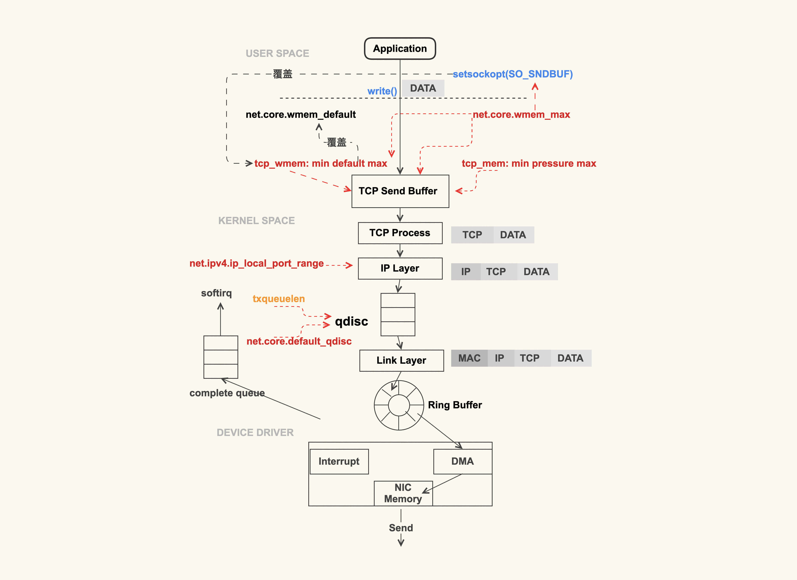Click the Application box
400,49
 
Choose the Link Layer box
401,360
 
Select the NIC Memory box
403,493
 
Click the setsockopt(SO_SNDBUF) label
513,74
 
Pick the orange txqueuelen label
279,299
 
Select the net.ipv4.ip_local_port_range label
256,264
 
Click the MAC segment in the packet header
469,358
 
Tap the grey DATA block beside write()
423,88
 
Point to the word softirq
216,293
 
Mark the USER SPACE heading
277,54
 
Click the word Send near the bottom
401,528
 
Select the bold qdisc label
351,321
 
